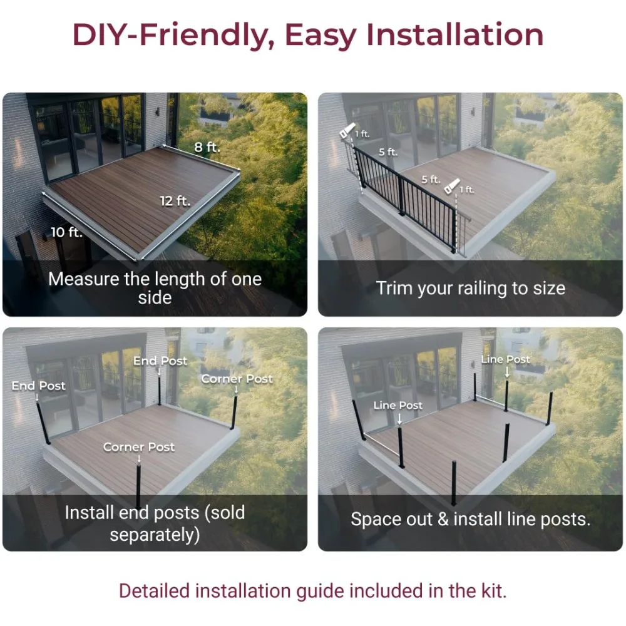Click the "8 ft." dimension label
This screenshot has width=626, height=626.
207,148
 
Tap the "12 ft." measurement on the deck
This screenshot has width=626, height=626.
175,201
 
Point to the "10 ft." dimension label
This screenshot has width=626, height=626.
66,232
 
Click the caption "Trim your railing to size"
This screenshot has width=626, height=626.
470,288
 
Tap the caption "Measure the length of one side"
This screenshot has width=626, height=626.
155,287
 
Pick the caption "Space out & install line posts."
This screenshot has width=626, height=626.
470,519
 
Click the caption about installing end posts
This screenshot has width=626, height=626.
155,523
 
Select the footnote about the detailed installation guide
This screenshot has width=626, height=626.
312,590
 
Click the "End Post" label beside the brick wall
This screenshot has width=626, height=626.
38,386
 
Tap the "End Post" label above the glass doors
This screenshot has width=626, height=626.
160,361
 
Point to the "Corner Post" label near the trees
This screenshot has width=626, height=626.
237,379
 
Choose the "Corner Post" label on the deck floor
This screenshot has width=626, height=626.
139,447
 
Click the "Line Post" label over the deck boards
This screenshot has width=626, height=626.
398,405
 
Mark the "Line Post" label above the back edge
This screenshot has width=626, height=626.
505,359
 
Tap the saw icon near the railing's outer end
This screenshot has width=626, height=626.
451,186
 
